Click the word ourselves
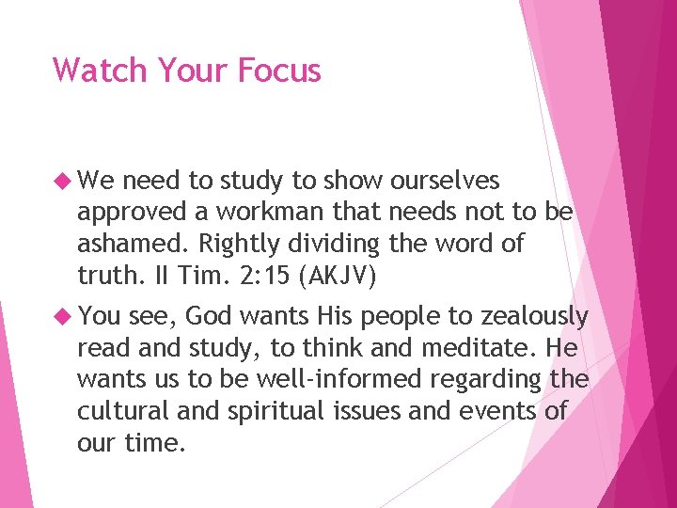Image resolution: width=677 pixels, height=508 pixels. [445, 181]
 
